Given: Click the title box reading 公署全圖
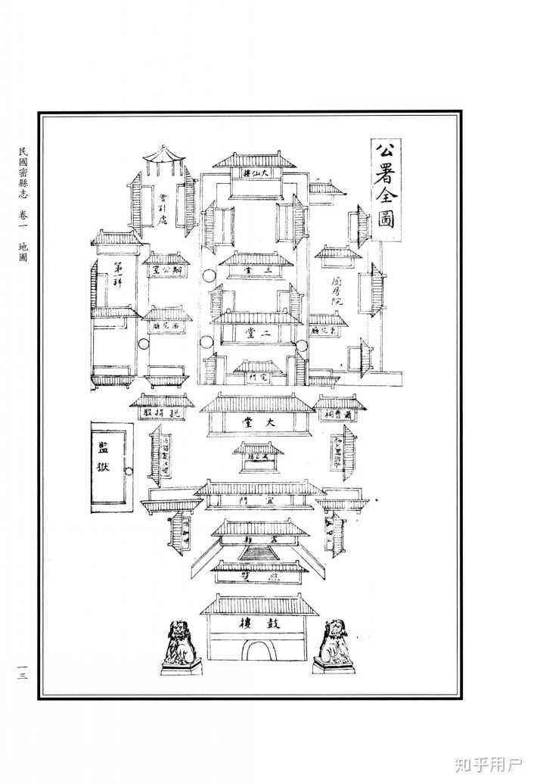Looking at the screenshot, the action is [x=386, y=189].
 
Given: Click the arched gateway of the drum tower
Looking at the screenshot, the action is [x=259, y=650].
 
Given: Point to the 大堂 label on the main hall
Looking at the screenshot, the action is [x=256, y=423].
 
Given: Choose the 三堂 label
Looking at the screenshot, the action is [x=256, y=269].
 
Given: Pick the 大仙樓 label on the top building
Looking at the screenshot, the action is [x=257, y=174].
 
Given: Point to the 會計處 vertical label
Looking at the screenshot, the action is [x=163, y=207].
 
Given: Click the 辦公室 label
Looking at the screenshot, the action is [x=166, y=269].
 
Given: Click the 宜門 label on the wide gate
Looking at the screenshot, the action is [x=257, y=501].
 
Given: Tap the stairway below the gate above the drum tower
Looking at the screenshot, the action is [x=259, y=552].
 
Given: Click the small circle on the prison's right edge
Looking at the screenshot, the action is [x=129, y=471].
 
